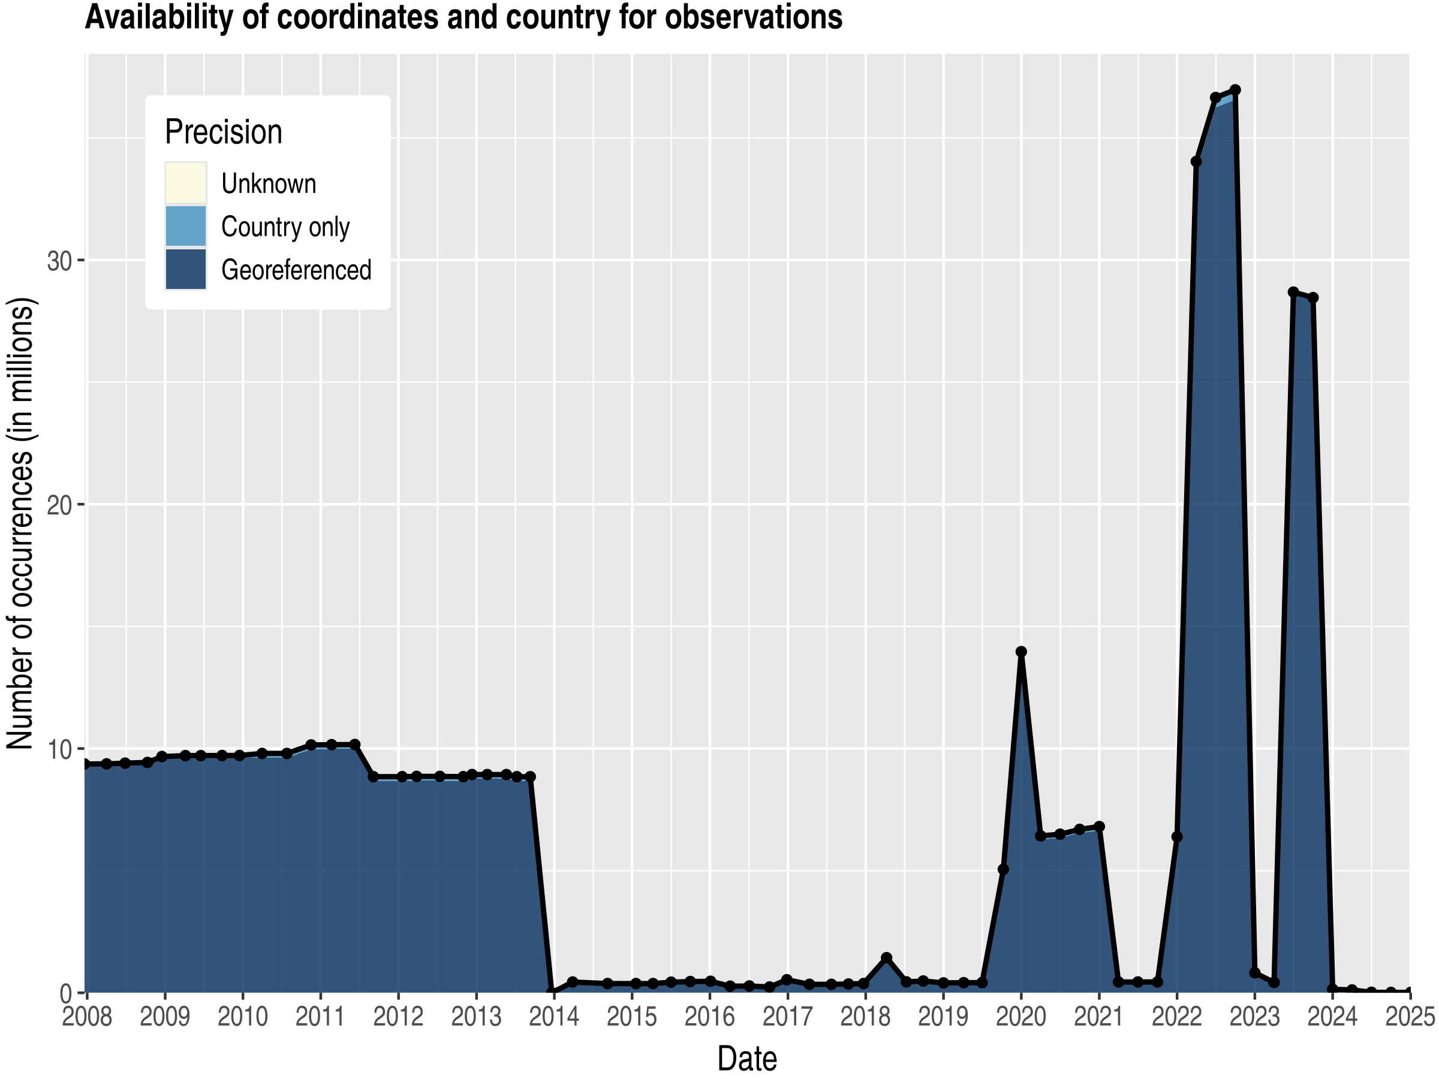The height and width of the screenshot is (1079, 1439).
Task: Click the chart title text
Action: (463, 17)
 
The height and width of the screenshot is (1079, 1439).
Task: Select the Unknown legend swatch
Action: (185, 183)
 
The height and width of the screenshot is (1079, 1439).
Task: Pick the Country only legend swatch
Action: (185, 227)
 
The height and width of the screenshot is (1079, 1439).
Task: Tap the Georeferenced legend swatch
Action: (185, 269)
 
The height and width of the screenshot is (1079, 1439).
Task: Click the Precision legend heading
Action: (223, 132)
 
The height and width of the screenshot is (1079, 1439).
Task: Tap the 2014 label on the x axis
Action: (553, 1017)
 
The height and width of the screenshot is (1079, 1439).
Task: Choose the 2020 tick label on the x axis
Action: (1020, 1017)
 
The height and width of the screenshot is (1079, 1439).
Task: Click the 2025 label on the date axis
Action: (1409, 1017)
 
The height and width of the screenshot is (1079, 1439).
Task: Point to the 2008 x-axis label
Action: (87, 1017)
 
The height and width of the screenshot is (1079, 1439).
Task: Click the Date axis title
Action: (747, 1059)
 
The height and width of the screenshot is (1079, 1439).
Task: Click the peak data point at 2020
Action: (1020, 652)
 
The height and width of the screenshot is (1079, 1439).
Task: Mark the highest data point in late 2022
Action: (1235, 90)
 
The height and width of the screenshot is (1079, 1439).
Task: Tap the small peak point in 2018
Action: (886, 958)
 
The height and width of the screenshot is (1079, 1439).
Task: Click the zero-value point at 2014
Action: (553, 993)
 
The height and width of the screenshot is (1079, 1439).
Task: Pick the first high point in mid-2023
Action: (1293, 292)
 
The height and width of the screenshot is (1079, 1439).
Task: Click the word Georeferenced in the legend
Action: (296, 270)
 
